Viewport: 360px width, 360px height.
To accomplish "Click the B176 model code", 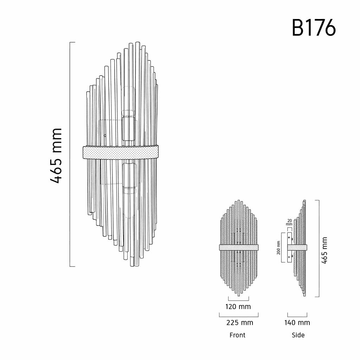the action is [x=314, y=28].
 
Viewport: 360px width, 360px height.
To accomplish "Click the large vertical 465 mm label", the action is [x=56, y=156].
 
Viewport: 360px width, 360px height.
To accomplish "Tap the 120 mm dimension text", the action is [x=238, y=307].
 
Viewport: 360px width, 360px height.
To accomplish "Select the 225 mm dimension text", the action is [x=240, y=323].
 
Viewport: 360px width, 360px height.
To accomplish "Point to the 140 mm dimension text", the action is [x=297, y=323].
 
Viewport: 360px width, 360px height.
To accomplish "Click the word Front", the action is [x=237, y=335].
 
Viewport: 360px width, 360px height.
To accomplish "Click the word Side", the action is [x=298, y=335].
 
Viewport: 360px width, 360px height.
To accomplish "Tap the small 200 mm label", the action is [x=278, y=248].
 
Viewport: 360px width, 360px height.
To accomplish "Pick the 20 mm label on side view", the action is [x=289, y=222].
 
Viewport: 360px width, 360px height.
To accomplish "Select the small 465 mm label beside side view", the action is [x=324, y=250].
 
